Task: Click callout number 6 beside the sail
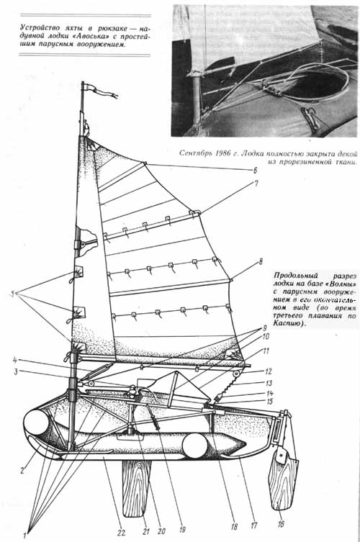[255, 170]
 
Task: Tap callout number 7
[256, 184]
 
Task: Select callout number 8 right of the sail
[261, 262]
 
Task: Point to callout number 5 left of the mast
[14, 294]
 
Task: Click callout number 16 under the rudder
[281, 524]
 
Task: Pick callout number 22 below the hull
[121, 533]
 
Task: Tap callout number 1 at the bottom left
[25, 536]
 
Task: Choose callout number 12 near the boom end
[269, 371]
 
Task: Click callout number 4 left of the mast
[15, 360]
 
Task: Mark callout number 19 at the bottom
[182, 529]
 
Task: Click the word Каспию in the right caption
[287, 324]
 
